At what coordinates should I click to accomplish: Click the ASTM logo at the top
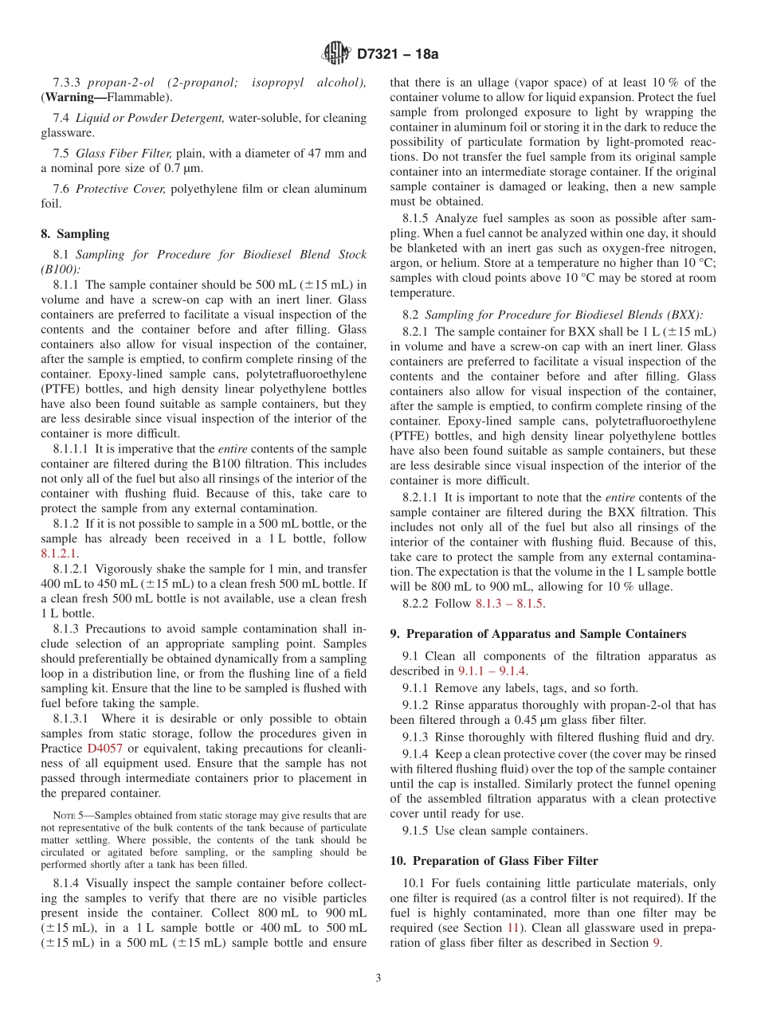[x=336, y=53]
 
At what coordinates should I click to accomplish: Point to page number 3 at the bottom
[x=378, y=978]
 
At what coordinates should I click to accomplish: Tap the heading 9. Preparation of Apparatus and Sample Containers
[x=538, y=634]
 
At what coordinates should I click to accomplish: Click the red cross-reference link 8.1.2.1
[x=60, y=553]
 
